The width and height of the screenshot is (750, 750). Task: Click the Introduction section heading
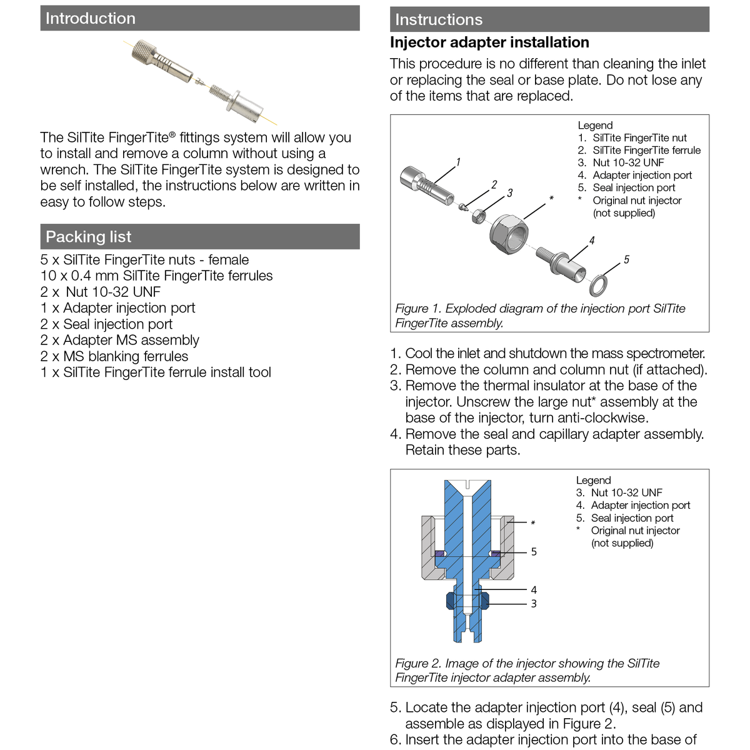[91, 19]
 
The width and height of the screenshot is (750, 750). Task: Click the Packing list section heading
[89, 237]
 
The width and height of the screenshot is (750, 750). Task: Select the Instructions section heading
[439, 20]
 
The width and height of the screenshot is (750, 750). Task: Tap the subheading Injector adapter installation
[489, 42]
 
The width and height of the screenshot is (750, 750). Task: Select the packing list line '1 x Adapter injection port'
[118, 308]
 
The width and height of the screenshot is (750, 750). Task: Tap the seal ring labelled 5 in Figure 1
[598, 285]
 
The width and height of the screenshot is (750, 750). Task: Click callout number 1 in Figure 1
[458, 162]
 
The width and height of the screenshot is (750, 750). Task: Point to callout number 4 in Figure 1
[592, 241]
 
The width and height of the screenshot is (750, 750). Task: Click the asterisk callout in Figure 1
[551, 199]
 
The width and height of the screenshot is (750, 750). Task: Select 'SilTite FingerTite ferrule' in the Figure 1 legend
[646, 151]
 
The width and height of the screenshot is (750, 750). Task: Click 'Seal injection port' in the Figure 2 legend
[632, 518]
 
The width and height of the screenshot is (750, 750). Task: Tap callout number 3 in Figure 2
[534, 604]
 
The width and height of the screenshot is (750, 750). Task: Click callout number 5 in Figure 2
[534, 552]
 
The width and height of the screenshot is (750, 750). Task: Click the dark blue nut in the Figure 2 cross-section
[451, 601]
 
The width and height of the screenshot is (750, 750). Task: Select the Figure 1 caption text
[540, 316]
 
